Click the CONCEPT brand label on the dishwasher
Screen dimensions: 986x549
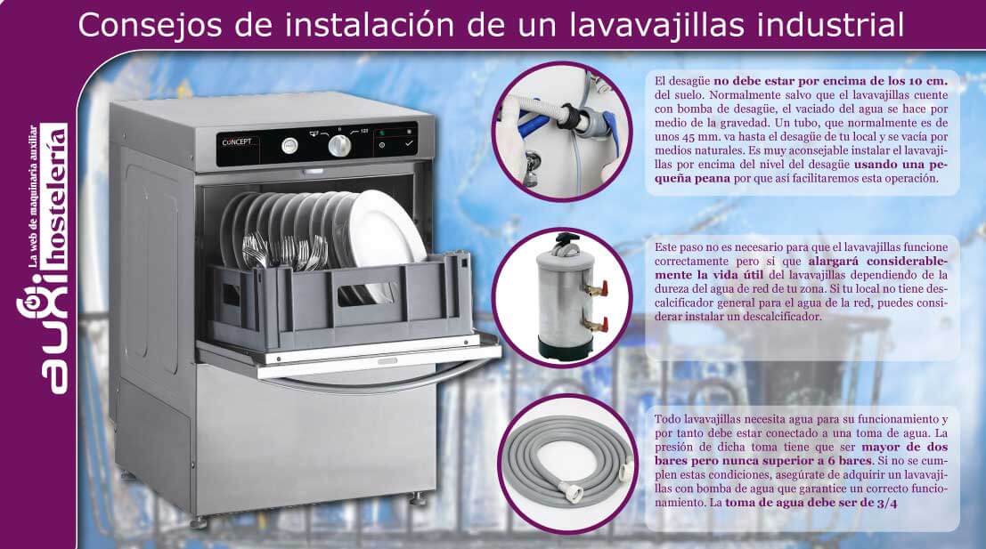pyautogui.click(x=236, y=142)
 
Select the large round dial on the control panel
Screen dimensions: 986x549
pyautogui.click(x=339, y=146)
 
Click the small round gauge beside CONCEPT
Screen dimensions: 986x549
pyautogui.click(x=289, y=146)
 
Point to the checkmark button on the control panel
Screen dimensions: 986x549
pyautogui.click(x=409, y=144)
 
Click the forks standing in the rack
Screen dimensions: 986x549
pyautogui.click(x=284, y=251)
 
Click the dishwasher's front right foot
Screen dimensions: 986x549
pyautogui.click(x=416, y=500)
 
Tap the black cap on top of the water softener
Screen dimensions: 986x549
pyautogui.click(x=566, y=243)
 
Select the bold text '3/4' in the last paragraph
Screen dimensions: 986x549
pyautogui.click(x=886, y=503)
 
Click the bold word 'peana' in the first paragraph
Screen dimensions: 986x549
pyautogui.click(x=713, y=178)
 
